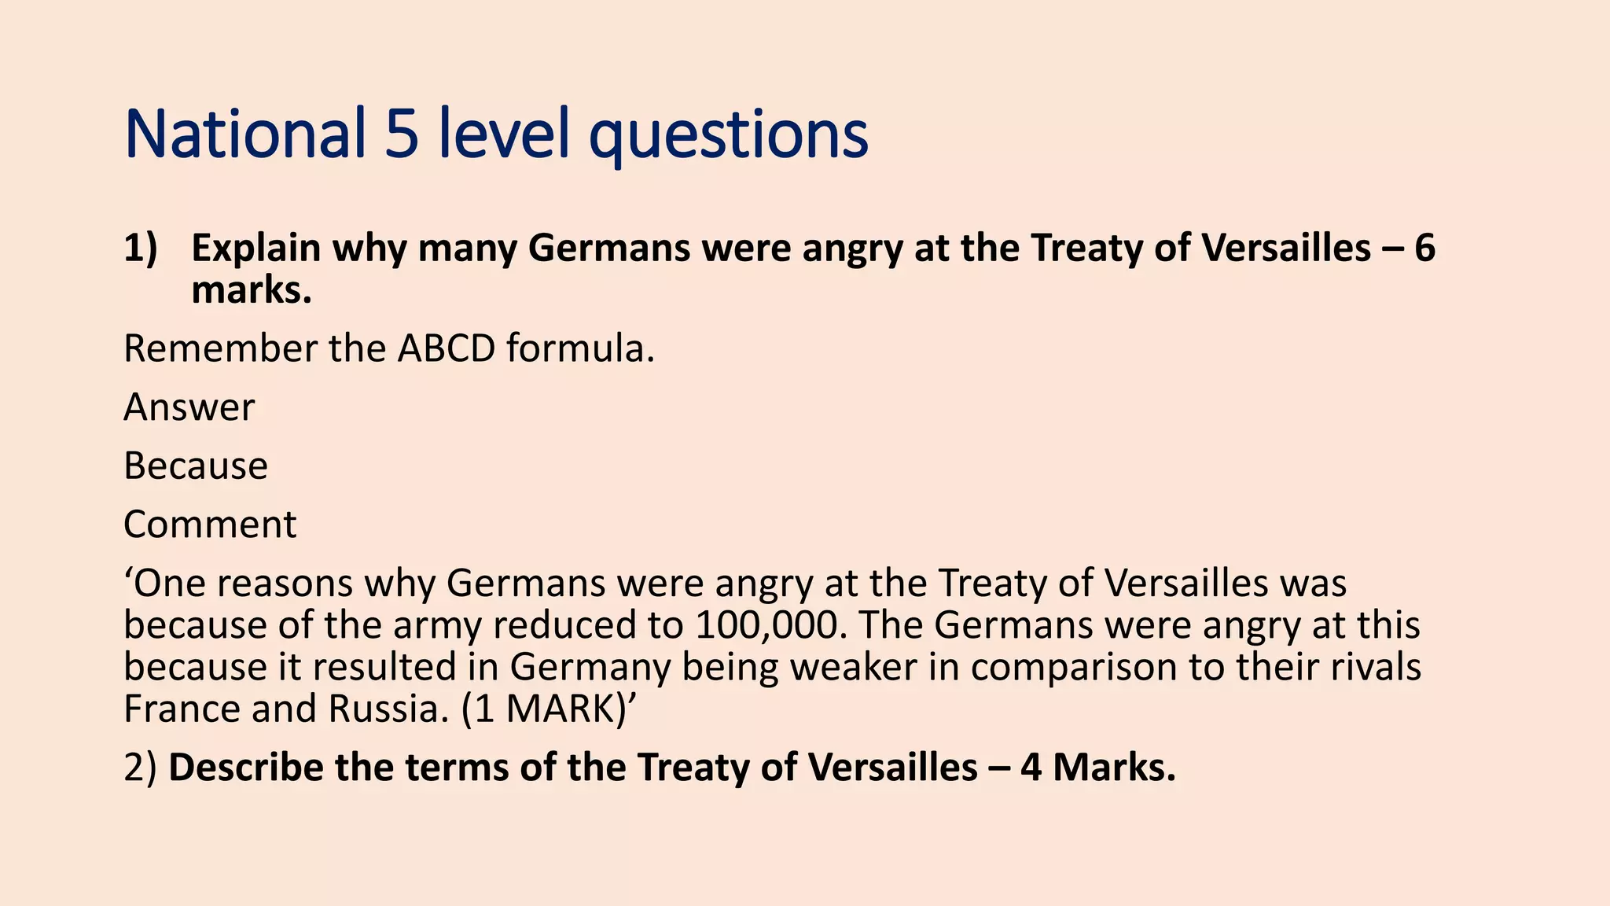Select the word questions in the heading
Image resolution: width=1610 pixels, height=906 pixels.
pos(729,135)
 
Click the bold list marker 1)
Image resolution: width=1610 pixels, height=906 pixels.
pos(141,249)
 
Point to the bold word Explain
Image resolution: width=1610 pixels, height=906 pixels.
pos(256,249)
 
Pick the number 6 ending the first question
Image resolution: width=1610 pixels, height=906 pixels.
pos(1424,249)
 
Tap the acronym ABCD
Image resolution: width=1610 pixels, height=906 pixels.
pos(446,348)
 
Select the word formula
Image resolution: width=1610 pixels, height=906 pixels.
pos(580,348)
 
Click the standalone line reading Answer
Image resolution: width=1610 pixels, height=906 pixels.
pos(189,407)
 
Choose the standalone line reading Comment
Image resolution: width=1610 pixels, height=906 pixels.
pos(210,525)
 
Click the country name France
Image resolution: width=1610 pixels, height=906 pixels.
pos(182,709)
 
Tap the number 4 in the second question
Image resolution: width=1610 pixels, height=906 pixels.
pos(1031,768)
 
